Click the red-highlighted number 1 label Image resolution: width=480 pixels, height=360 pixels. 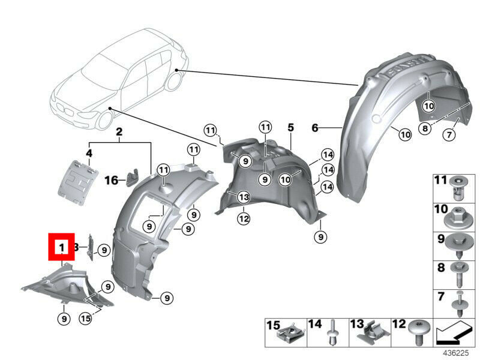click(x=61, y=247)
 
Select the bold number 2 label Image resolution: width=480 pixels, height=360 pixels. click(x=119, y=131)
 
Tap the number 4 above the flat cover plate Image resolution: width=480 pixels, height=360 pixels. click(x=89, y=154)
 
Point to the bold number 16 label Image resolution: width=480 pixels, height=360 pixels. click(x=112, y=179)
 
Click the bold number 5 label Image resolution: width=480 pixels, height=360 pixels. click(x=290, y=128)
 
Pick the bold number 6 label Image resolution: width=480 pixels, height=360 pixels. click(x=314, y=127)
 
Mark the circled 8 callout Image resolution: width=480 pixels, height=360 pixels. click(x=425, y=128)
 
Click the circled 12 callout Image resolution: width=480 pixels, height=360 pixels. click(x=243, y=218)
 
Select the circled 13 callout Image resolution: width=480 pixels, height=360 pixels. click(x=243, y=197)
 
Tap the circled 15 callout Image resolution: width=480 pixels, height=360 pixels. click(x=85, y=319)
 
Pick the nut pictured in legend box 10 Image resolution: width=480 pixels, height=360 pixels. click(x=459, y=216)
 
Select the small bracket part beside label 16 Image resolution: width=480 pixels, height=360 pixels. click(x=132, y=177)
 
